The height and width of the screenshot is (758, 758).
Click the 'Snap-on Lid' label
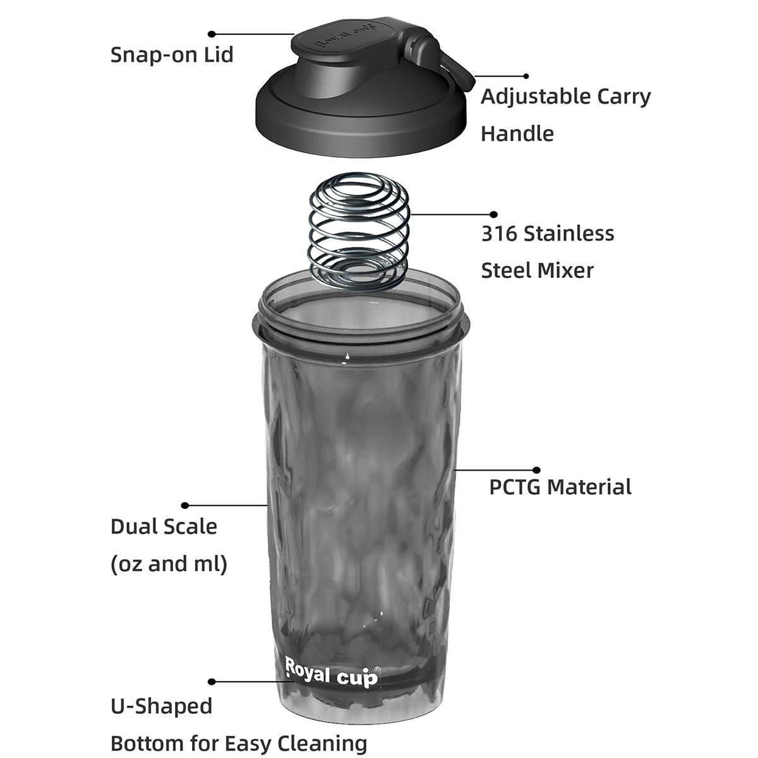[x=172, y=55]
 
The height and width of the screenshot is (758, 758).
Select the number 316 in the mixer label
[x=499, y=233]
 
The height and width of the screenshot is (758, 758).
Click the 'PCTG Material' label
[x=560, y=486]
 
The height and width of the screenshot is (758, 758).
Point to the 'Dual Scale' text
[x=164, y=526]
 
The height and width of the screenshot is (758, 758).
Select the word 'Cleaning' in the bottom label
[x=322, y=743]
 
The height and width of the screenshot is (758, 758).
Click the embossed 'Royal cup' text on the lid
[x=346, y=37]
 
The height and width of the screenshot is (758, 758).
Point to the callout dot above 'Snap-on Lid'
[x=212, y=34]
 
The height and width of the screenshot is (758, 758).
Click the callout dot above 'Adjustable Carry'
[x=526, y=76]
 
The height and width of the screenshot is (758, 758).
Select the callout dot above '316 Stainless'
[x=494, y=214]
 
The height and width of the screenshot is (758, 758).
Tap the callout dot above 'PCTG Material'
[x=536, y=470]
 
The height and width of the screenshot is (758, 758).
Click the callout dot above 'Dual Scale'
[x=185, y=505]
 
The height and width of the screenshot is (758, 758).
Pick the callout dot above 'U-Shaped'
[x=212, y=682]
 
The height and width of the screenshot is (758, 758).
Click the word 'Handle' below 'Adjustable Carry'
[x=517, y=134]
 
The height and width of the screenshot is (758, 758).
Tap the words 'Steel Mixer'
[x=538, y=271]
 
